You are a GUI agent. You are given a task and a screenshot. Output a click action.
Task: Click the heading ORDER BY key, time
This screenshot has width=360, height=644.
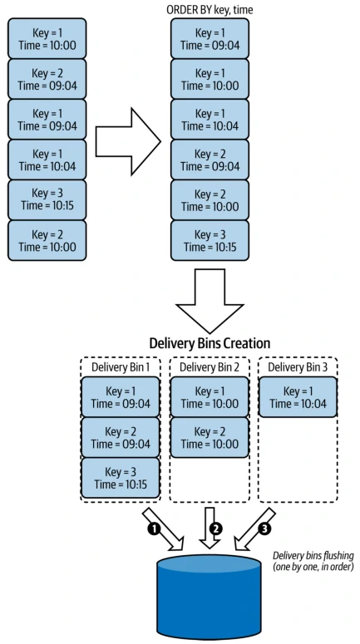coord(210,9)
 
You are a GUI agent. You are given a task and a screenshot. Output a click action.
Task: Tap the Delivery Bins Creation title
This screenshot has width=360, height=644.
coord(210,343)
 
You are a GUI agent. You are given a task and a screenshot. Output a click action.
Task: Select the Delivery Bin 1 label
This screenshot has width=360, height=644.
coord(121,366)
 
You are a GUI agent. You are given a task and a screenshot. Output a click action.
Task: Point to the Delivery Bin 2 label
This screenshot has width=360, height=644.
coord(210,366)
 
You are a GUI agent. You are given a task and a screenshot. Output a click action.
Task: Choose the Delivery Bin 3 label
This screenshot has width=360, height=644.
coord(298,366)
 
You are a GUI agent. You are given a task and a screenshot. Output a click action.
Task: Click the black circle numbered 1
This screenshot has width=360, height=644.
coord(154,529)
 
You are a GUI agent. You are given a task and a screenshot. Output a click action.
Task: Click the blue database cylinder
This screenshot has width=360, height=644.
coord(209,596)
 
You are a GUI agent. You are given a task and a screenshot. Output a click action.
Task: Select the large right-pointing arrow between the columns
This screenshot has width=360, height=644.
coord(128,142)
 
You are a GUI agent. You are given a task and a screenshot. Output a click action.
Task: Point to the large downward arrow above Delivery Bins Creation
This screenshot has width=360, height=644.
coord(210,301)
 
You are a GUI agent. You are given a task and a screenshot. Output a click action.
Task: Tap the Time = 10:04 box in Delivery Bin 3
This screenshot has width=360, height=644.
coord(298,397)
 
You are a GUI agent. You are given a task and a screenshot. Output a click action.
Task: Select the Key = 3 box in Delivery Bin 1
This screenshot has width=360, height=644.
coord(121,478)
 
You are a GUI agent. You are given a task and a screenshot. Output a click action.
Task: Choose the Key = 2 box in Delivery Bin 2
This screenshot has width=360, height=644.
coord(210,437)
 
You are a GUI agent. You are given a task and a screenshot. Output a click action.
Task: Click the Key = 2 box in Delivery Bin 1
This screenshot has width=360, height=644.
coord(121,437)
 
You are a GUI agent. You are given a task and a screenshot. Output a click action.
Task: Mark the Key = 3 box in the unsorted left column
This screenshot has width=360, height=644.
coord(47,199)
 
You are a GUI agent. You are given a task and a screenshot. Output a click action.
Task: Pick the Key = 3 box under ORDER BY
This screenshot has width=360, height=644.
coord(210,240)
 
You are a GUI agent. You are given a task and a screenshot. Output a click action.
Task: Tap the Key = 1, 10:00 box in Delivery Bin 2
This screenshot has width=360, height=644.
coord(210,397)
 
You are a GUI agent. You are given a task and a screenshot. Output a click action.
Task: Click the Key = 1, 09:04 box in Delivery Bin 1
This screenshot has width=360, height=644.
coord(121,397)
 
